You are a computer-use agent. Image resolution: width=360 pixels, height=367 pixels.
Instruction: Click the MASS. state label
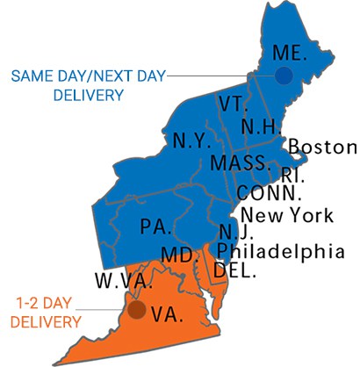pyautogui.click(x=240, y=163)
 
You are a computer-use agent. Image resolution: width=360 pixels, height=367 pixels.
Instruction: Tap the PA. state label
pyautogui.click(x=155, y=227)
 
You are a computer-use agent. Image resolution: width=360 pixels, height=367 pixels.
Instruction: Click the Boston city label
pyautogui.click(x=322, y=147)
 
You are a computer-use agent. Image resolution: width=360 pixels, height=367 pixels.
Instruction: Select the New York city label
pyautogui.click(x=286, y=214)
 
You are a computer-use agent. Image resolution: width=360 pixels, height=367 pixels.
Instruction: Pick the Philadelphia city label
pyautogui.click(x=280, y=252)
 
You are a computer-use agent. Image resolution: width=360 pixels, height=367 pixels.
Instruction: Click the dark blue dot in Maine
pyautogui.click(x=283, y=76)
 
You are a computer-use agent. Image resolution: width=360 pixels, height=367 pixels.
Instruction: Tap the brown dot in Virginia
pyautogui.click(x=137, y=309)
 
